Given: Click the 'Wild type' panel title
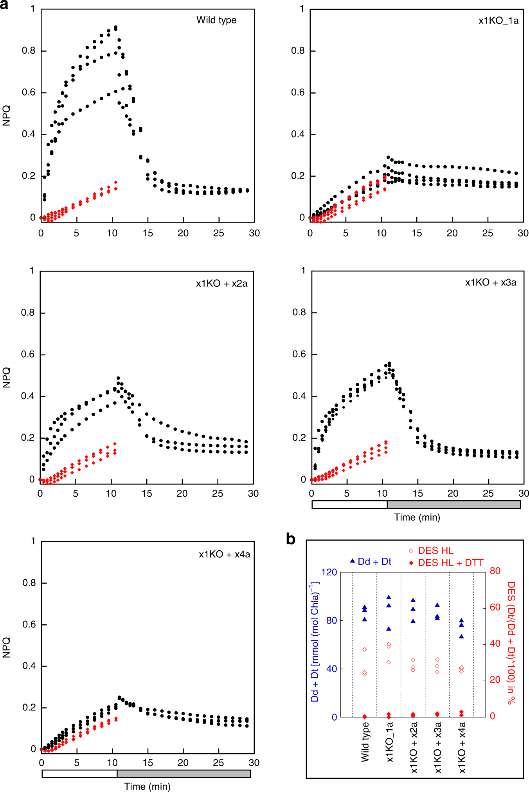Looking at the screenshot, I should tap(216, 20).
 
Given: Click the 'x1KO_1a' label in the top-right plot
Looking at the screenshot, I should tap(498, 21).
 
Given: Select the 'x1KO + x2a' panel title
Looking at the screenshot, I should tap(221, 284).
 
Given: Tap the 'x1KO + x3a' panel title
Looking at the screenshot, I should tap(491, 282).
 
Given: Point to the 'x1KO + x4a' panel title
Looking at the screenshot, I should tap(224, 554).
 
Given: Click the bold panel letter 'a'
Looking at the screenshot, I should tap(4, 5).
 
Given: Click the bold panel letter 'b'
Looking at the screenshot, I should tap(290, 539).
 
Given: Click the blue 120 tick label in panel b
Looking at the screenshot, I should tap(329, 572).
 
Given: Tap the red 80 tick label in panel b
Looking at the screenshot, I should tap(495, 571).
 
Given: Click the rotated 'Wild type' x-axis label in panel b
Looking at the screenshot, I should tap(365, 743).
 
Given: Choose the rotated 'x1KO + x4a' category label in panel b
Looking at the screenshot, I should tap(462, 748).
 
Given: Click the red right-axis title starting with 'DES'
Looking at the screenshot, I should tap(511, 642).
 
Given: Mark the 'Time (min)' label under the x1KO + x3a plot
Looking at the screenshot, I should tap(417, 517).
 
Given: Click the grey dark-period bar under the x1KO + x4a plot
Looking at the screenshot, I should tap(184, 774).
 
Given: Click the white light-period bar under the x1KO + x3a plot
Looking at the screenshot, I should tap(349, 504).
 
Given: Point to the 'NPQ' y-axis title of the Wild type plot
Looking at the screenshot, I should tap(6, 116).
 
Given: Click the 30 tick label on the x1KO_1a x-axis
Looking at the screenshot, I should tap(523, 233).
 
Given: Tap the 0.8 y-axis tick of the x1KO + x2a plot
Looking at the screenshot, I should tap(27, 313).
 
